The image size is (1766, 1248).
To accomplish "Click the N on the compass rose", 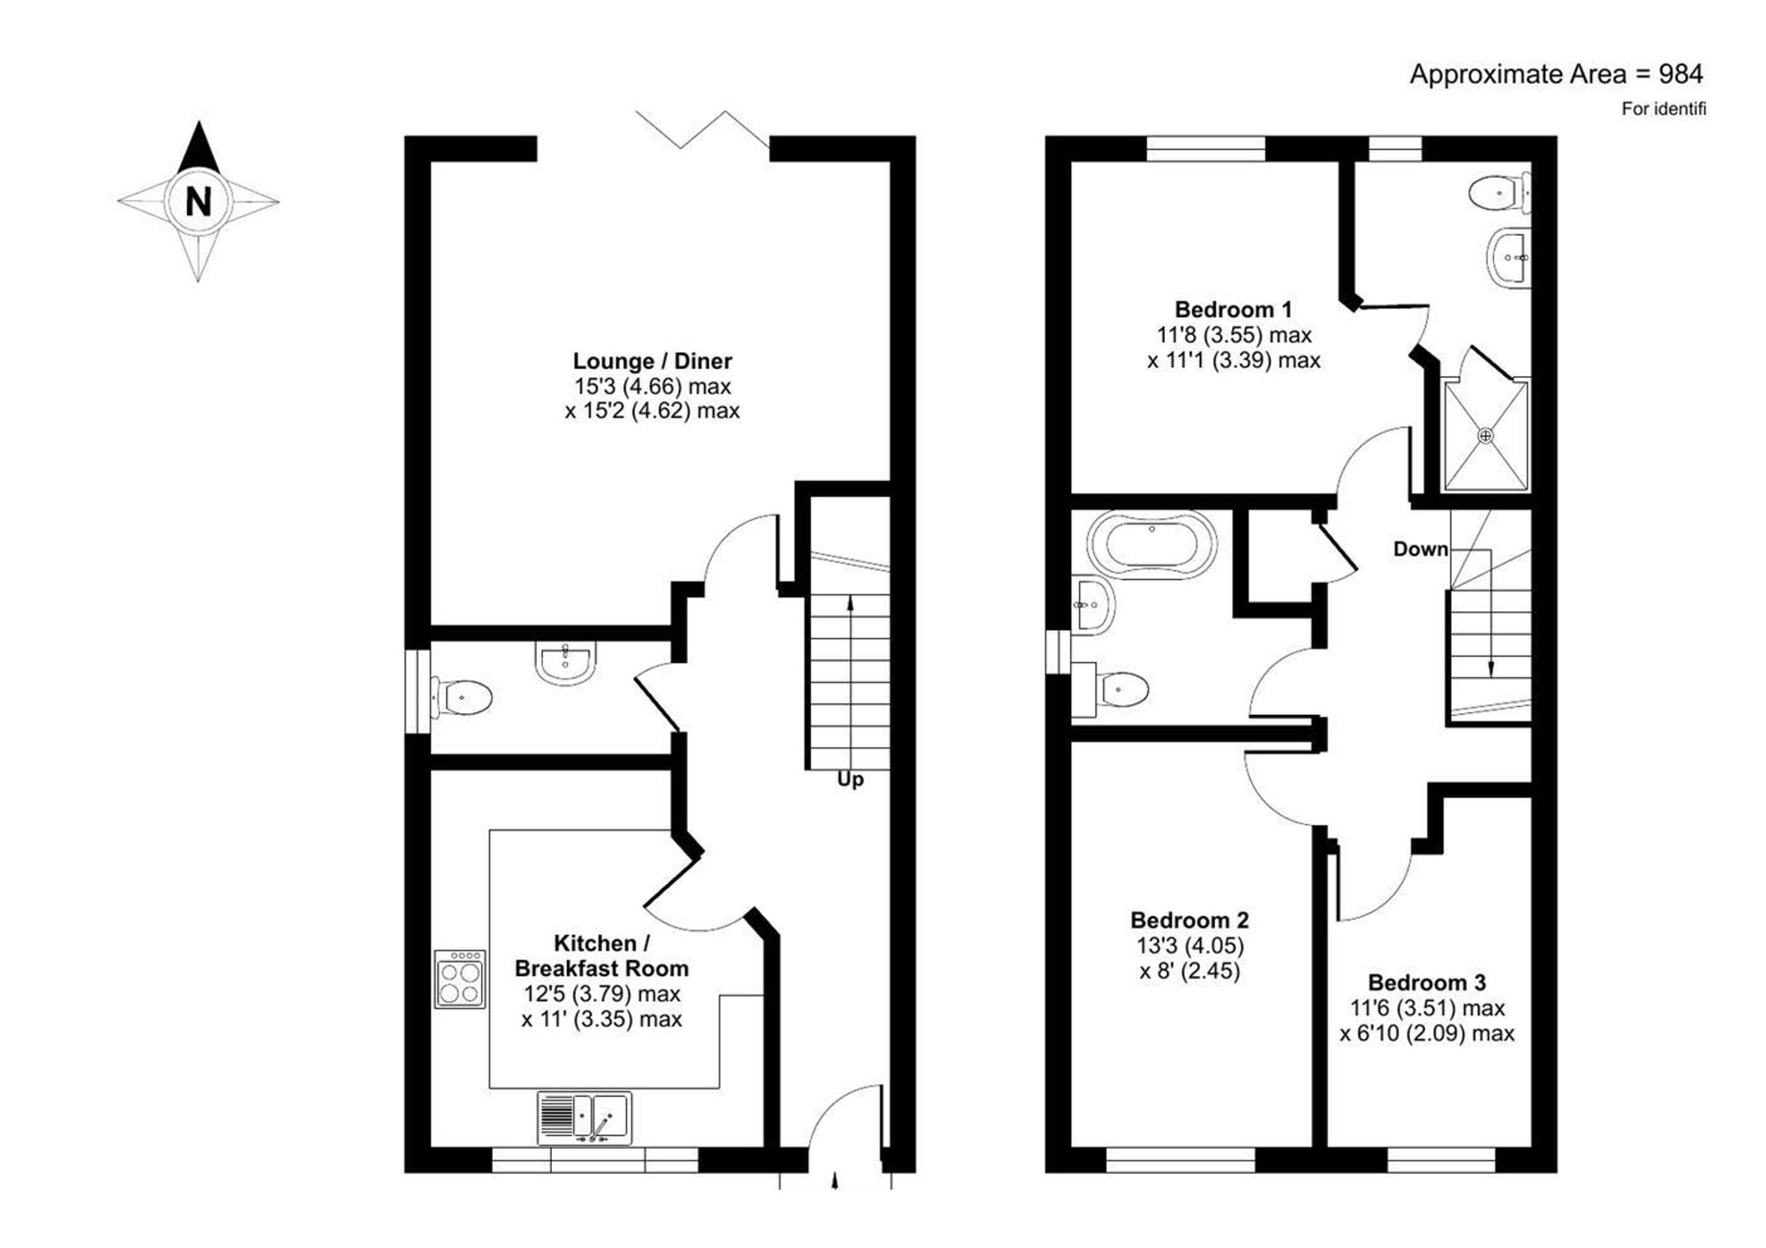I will pyautogui.click(x=199, y=202).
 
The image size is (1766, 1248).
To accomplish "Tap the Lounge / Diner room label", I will pyautogui.click(x=652, y=361).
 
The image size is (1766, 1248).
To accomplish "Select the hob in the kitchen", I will pyautogui.click(x=460, y=979).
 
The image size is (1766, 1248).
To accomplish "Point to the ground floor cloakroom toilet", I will pyautogui.click(x=462, y=698).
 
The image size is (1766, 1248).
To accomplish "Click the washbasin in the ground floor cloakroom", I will pyautogui.click(x=565, y=661).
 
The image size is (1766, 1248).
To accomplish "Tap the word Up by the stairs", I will pyautogui.click(x=850, y=780).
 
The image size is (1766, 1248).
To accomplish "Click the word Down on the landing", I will pyautogui.click(x=1420, y=549).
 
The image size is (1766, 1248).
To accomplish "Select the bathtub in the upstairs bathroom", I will pyautogui.click(x=1151, y=545).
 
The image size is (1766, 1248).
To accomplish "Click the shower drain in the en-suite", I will pyautogui.click(x=1485, y=436).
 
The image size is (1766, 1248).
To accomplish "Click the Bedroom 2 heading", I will pyautogui.click(x=1189, y=921).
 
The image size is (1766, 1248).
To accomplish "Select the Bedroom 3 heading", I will pyautogui.click(x=1427, y=982).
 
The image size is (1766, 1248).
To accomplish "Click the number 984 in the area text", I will pyautogui.click(x=1680, y=74).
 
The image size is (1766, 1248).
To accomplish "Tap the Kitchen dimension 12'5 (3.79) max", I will pyautogui.click(x=601, y=994).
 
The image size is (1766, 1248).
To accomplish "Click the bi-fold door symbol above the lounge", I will pyautogui.click(x=702, y=129).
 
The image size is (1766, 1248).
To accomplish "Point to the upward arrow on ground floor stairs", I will pyautogui.click(x=850, y=605).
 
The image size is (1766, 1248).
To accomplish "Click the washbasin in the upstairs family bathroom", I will pyautogui.click(x=1093, y=605).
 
